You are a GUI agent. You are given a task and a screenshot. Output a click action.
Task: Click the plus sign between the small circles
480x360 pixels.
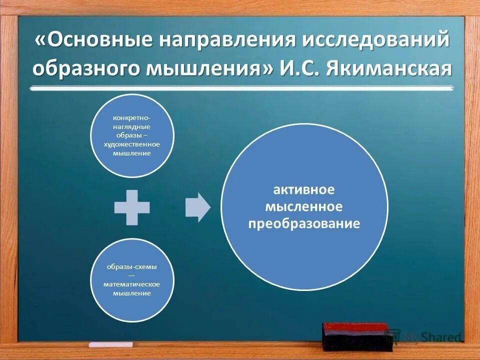(132, 207)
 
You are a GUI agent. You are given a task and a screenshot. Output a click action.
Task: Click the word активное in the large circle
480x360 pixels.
(303, 190)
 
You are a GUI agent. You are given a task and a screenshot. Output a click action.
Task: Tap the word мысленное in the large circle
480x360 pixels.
(303, 206)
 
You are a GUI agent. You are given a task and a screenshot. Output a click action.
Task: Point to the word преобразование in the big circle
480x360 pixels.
(303, 223)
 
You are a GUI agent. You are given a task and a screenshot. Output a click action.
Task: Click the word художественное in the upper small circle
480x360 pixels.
(131, 144)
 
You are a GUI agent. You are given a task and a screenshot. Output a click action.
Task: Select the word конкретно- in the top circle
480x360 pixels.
(131, 118)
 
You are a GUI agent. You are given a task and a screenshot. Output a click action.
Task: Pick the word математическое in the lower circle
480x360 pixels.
(131, 284)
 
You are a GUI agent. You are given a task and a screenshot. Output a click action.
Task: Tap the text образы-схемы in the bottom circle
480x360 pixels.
(131, 266)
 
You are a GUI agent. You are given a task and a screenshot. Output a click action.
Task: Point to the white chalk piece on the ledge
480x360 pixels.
(110, 344)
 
